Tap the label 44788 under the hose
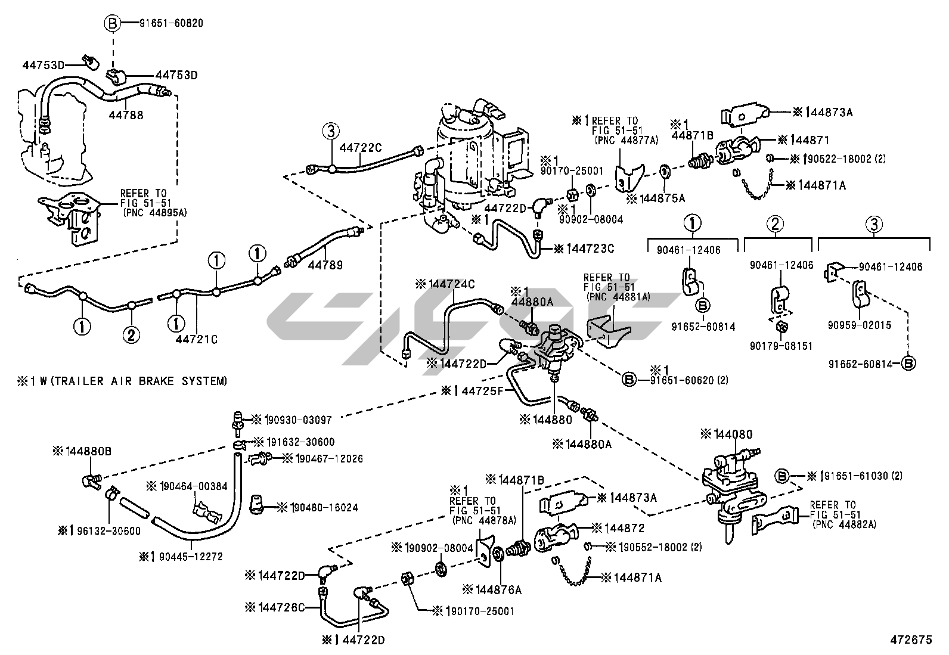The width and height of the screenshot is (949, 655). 126,116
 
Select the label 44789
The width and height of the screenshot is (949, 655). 325,265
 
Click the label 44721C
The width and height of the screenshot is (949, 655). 196,339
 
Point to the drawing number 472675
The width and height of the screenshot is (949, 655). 910,640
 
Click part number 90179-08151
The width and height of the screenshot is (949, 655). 781,346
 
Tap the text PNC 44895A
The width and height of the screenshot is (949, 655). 150,212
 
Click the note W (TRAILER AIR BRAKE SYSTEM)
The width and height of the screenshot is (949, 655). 126,381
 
